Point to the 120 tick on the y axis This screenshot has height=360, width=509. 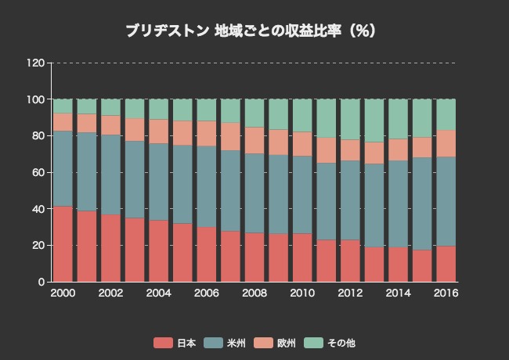35,63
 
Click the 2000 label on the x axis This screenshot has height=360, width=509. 63,293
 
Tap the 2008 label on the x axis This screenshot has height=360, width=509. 254,293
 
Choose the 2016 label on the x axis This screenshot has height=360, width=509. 446,293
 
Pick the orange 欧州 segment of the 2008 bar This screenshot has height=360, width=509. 254,140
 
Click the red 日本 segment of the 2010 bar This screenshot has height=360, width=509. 302,257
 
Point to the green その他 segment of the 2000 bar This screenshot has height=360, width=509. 63,106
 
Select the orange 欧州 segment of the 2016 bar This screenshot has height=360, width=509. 446,143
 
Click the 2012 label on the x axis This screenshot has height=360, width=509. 350,293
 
